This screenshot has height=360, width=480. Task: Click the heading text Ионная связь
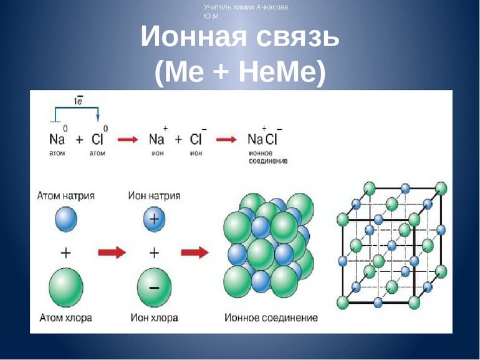(x=240, y=38)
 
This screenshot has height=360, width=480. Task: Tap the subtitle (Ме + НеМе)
(x=240, y=74)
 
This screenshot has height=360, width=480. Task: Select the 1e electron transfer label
(x=79, y=100)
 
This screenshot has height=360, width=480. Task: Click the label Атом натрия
(x=66, y=196)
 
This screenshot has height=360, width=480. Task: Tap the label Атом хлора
(x=65, y=318)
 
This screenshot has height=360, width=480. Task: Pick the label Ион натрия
(x=153, y=196)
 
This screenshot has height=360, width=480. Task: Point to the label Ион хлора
(x=154, y=318)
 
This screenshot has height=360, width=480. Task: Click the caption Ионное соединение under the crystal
(x=271, y=318)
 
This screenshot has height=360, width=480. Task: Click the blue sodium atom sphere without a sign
(x=65, y=219)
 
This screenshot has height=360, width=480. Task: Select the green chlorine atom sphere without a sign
(x=65, y=286)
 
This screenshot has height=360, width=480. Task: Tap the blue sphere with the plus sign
(x=154, y=219)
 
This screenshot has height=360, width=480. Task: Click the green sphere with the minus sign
(x=154, y=286)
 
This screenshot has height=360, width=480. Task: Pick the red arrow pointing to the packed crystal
(x=194, y=252)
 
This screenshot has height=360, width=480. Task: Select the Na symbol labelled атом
(x=57, y=139)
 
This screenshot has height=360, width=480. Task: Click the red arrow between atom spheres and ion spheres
(x=112, y=252)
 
